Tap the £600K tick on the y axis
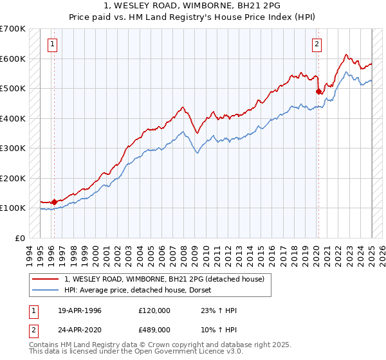(12, 59)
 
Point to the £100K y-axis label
(12, 208)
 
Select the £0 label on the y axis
(20, 238)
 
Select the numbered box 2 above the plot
(317, 44)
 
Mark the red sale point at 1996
(54, 202)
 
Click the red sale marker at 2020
(318, 91)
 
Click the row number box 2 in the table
(34, 328)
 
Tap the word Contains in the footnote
(44, 345)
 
